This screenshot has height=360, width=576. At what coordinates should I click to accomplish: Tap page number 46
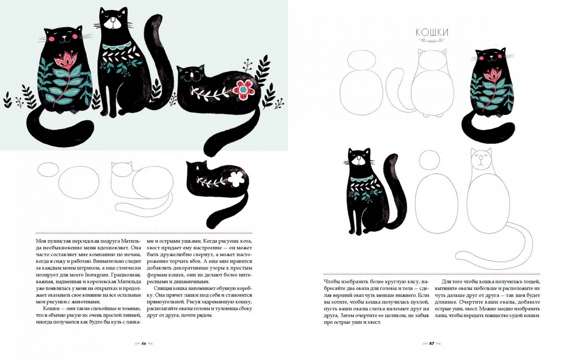point(144,343)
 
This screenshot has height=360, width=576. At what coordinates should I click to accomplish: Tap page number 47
point(432,343)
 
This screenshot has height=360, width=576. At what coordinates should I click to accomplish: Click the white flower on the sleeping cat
point(236,179)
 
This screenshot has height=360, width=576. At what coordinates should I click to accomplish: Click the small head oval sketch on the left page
point(48,170)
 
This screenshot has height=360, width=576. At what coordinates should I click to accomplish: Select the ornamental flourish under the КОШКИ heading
point(432,40)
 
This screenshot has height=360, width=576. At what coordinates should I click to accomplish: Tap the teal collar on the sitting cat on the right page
point(362,178)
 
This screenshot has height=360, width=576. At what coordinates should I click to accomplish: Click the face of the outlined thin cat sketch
point(481,160)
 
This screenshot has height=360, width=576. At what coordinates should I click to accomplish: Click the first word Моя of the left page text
point(41,241)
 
